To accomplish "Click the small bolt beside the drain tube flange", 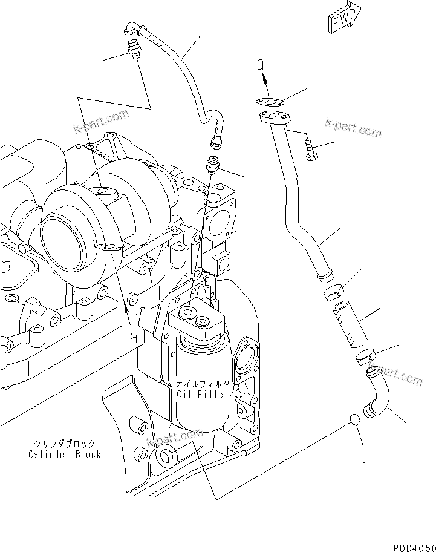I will pos(310,149).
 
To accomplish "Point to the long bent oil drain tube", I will pos(296,200).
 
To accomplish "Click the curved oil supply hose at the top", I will pos(181,73).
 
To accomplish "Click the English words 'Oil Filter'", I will pos(203,395).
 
